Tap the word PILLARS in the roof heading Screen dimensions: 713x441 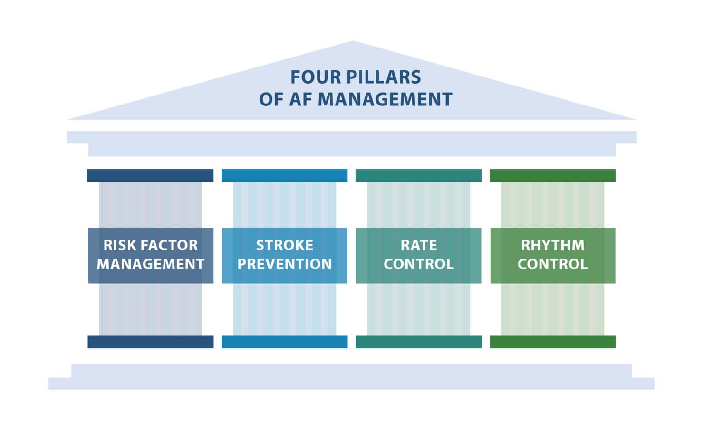(x=384, y=77)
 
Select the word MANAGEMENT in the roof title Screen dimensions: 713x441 (x=385, y=99)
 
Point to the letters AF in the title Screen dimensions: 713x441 (x=300, y=99)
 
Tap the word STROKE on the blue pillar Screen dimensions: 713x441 (x=285, y=245)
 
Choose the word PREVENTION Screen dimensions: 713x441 (x=285, y=264)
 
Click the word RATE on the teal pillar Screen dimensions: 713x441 (x=419, y=245)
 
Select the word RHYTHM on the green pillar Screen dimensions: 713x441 (x=552, y=245)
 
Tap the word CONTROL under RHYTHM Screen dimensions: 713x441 (x=552, y=264)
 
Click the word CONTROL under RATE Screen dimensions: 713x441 (x=419, y=264)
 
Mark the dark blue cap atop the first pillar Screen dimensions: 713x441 (x=151, y=176)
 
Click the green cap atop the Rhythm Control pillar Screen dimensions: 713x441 (x=552, y=176)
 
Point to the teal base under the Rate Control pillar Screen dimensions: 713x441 (x=419, y=342)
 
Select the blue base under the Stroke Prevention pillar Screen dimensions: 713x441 (x=285, y=342)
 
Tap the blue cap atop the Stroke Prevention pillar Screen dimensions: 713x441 (x=285, y=176)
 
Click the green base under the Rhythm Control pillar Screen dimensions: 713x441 (x=552, y=342)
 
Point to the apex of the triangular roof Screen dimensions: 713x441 (x=353, y=41)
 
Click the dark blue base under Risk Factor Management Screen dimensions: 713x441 (x=151, y=342)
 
